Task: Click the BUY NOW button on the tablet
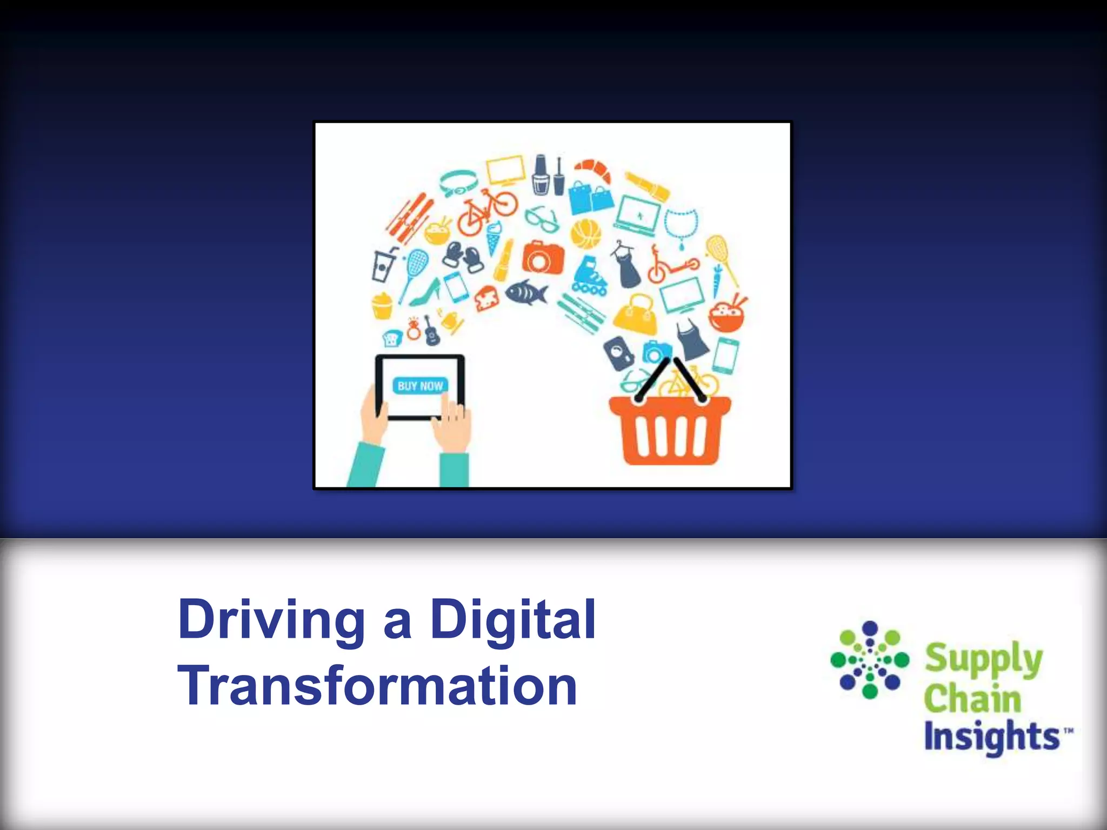pos(420,386)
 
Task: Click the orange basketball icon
pos(585,233)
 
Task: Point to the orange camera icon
pos(542,256)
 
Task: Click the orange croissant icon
pos(593,170)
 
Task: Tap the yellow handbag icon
pos(636,314)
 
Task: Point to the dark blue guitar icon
pos(431,330)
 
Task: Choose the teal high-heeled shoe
pos(424,293)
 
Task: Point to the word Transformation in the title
pos(377,686)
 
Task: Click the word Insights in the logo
pos(991,736)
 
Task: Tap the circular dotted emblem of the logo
pos(869,660)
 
